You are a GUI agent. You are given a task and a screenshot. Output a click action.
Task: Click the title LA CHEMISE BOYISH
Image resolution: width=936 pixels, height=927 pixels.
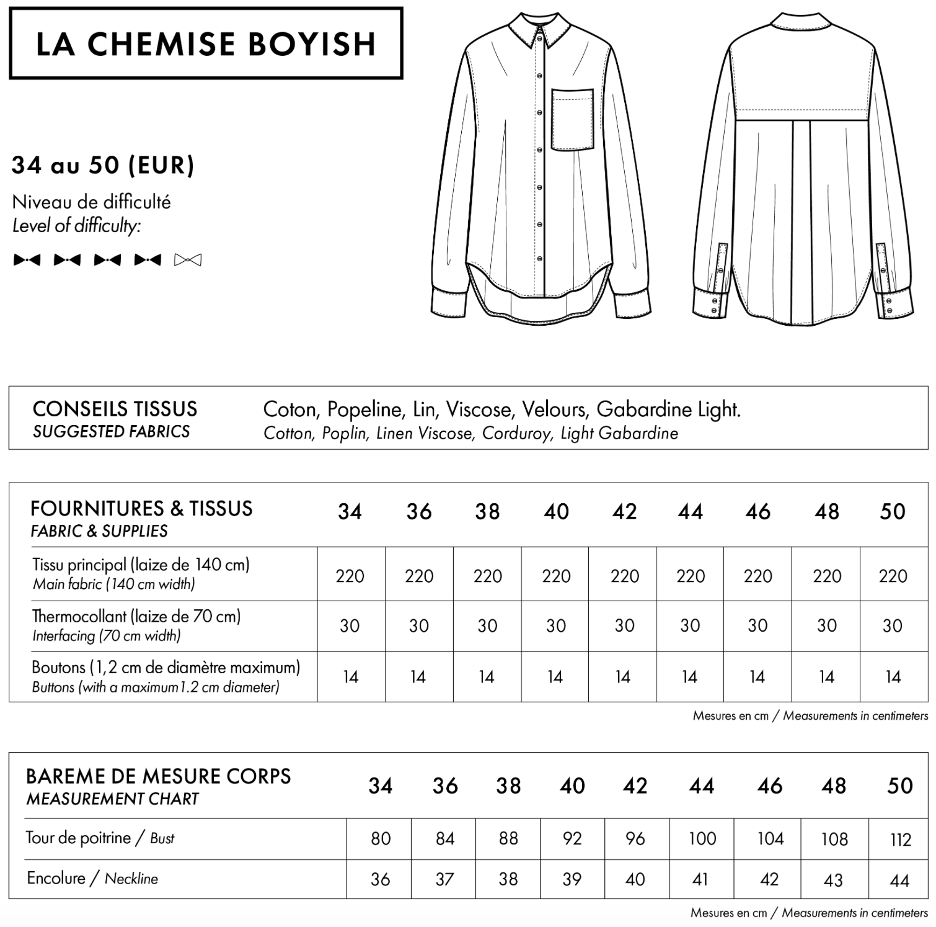pyautogui.click(x=206, y=43)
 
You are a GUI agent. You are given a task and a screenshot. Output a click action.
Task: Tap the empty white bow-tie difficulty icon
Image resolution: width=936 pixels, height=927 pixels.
pyautogui.click(x=188, y=260)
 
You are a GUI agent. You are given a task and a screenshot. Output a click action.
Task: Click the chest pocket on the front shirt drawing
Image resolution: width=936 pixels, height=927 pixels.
pyautogui.click(x=572, y=120)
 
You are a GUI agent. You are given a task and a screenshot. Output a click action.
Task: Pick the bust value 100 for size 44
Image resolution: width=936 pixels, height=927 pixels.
pyautogui.click(x=702, y=839)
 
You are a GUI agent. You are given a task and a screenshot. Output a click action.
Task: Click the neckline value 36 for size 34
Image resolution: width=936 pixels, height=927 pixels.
pyautogui.click(x=380, y=879)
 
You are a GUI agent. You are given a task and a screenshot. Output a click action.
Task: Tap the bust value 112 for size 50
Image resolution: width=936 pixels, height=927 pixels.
pyautogui.click(x=899, y=840)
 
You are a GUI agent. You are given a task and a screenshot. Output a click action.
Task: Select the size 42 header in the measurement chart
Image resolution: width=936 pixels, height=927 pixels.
pyautogui.click(x=635, y=786)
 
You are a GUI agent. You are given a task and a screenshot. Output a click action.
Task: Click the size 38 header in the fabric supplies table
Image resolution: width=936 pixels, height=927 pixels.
pyautogui.click(x=487, y=512)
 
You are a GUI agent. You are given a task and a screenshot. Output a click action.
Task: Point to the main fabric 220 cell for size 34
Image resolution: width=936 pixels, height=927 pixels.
pyautogui.click(x=350, y=576)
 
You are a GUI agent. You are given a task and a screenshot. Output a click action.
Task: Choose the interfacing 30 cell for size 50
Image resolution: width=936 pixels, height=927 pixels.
pyautogui.click(x=892, y=626)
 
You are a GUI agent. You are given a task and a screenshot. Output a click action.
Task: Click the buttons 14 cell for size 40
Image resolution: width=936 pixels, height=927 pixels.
pyautogui.click(x=555, y=677)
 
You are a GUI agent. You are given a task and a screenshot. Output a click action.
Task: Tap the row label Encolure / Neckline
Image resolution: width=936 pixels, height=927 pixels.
pyautogui.click(x=92, y=879)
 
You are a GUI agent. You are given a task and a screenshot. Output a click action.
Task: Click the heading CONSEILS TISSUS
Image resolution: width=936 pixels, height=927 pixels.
pyautogui.click(x=115, y=410)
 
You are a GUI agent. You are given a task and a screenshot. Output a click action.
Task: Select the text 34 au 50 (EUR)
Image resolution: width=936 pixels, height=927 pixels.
pyautogui.click(x=103, y=166)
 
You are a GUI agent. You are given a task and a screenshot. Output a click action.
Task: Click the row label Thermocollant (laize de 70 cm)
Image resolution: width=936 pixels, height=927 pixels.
pyautogui.click(x=136, y=617)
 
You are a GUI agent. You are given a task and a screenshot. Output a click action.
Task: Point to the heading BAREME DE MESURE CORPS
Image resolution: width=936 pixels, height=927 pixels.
pyautogui.click(x=159, y=777)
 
